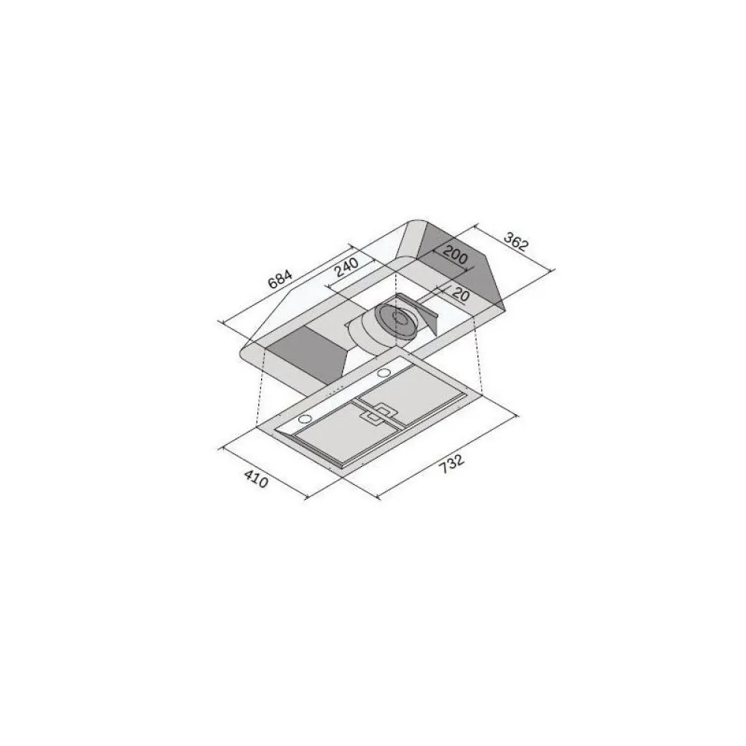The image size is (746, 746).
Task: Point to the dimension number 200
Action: coord(454,257)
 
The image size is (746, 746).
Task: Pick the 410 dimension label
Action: coord(255,478)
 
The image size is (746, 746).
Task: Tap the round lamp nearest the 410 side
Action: coord(305,421)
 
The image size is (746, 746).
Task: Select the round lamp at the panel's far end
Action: coord(384,372)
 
